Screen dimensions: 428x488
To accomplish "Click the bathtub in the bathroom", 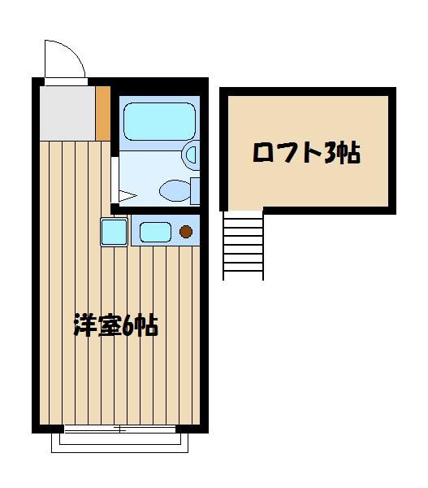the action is pos(160,121).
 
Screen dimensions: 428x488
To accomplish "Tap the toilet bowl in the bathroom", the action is pos(175,190).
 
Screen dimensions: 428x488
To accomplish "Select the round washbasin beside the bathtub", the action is pos(190,155).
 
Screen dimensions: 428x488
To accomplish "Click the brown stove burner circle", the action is pos(186,232).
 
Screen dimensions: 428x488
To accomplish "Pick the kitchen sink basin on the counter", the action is pos(155,232).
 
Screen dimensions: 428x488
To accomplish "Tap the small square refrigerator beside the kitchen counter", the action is pos(114,232).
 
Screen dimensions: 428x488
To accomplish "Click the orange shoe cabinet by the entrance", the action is pos(103,113).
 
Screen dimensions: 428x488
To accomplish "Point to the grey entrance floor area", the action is pos(67,113).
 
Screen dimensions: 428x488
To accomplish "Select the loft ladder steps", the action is pos(243,246).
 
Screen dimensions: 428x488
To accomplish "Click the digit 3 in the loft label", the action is pos(331,153).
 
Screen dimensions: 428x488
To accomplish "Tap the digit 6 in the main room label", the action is pos(128,326).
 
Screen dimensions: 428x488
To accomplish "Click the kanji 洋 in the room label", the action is pos(84,326).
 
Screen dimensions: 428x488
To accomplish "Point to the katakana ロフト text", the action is pos(287,153).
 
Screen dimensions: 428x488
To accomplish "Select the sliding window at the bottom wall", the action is pos(120,429).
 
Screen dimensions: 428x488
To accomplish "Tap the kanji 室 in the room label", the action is pos(109,326).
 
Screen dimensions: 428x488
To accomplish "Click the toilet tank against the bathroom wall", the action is pos(195,191).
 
